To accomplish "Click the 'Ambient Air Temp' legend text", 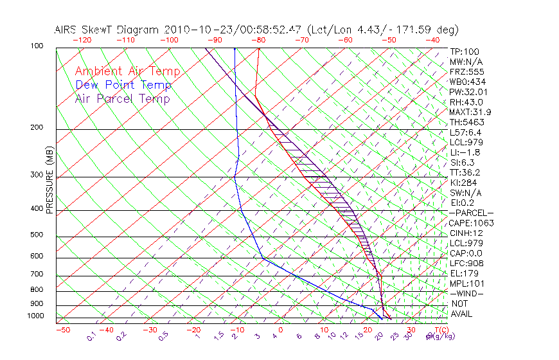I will [127, 71].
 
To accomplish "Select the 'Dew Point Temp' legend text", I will [123, 85].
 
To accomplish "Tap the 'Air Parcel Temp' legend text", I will [122, 98].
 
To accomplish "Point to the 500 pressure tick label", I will [37, 235].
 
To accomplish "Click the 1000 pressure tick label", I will [36, 316].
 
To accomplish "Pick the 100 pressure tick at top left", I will [37, 46].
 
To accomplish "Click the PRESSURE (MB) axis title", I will [49, 184].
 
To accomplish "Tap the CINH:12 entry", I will [466, 233].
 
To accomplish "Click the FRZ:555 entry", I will [466, 72].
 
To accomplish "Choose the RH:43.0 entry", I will [466, 102].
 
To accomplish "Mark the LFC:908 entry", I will [466, 264].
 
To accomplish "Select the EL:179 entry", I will [463, 273].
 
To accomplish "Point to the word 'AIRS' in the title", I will [67, 30].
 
